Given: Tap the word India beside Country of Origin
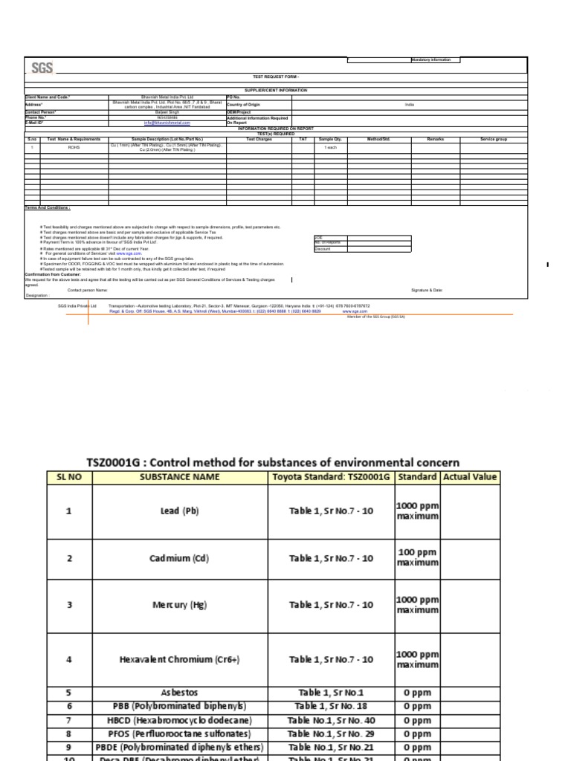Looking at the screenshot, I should [x=409, y=105].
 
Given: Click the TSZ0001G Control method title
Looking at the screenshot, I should [x=273, y=462].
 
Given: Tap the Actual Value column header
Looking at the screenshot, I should [x=470, y=476].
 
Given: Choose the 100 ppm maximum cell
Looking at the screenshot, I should [x=417, y=557].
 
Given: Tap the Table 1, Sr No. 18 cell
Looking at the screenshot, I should [x=331, y=706].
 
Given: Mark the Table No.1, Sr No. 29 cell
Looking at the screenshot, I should [x=331, y=734].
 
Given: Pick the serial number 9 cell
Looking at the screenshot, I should [x=69, y=748].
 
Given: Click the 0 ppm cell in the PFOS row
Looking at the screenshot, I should [x=417, y=734].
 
